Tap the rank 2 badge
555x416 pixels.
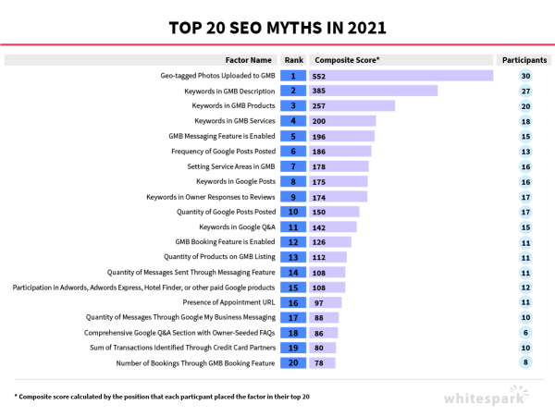[292, 91]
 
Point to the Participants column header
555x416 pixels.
[524, 60]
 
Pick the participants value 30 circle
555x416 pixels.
[524, 76]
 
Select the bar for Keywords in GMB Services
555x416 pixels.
[342, 121]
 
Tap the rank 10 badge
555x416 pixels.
[292, 212]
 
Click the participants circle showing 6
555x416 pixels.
[524, 333]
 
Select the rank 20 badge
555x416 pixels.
[292, 363]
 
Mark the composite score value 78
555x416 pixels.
[321, 363]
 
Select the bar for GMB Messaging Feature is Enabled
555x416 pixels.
[342, 136]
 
